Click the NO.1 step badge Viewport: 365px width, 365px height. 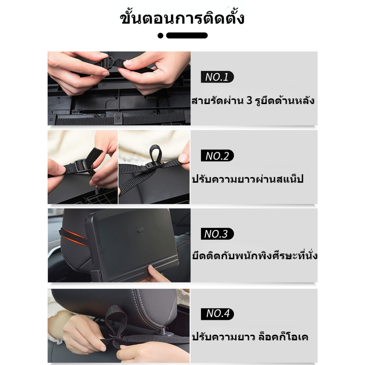(217, 77)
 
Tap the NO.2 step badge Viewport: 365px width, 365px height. (217, 155)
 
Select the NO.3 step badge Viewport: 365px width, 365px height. (217, 234)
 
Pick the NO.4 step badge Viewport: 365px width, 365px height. (217, 314)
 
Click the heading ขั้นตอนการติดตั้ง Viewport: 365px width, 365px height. (182, 18)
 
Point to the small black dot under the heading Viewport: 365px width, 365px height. (160, 36)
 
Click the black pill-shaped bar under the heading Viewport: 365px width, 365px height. (187, 35)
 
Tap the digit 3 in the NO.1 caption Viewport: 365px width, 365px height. (249, 101)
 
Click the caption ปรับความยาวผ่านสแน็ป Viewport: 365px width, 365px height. (248, 179)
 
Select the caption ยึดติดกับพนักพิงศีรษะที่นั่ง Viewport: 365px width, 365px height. (255, 255)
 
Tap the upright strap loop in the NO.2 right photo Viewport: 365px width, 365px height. (155, 154)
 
